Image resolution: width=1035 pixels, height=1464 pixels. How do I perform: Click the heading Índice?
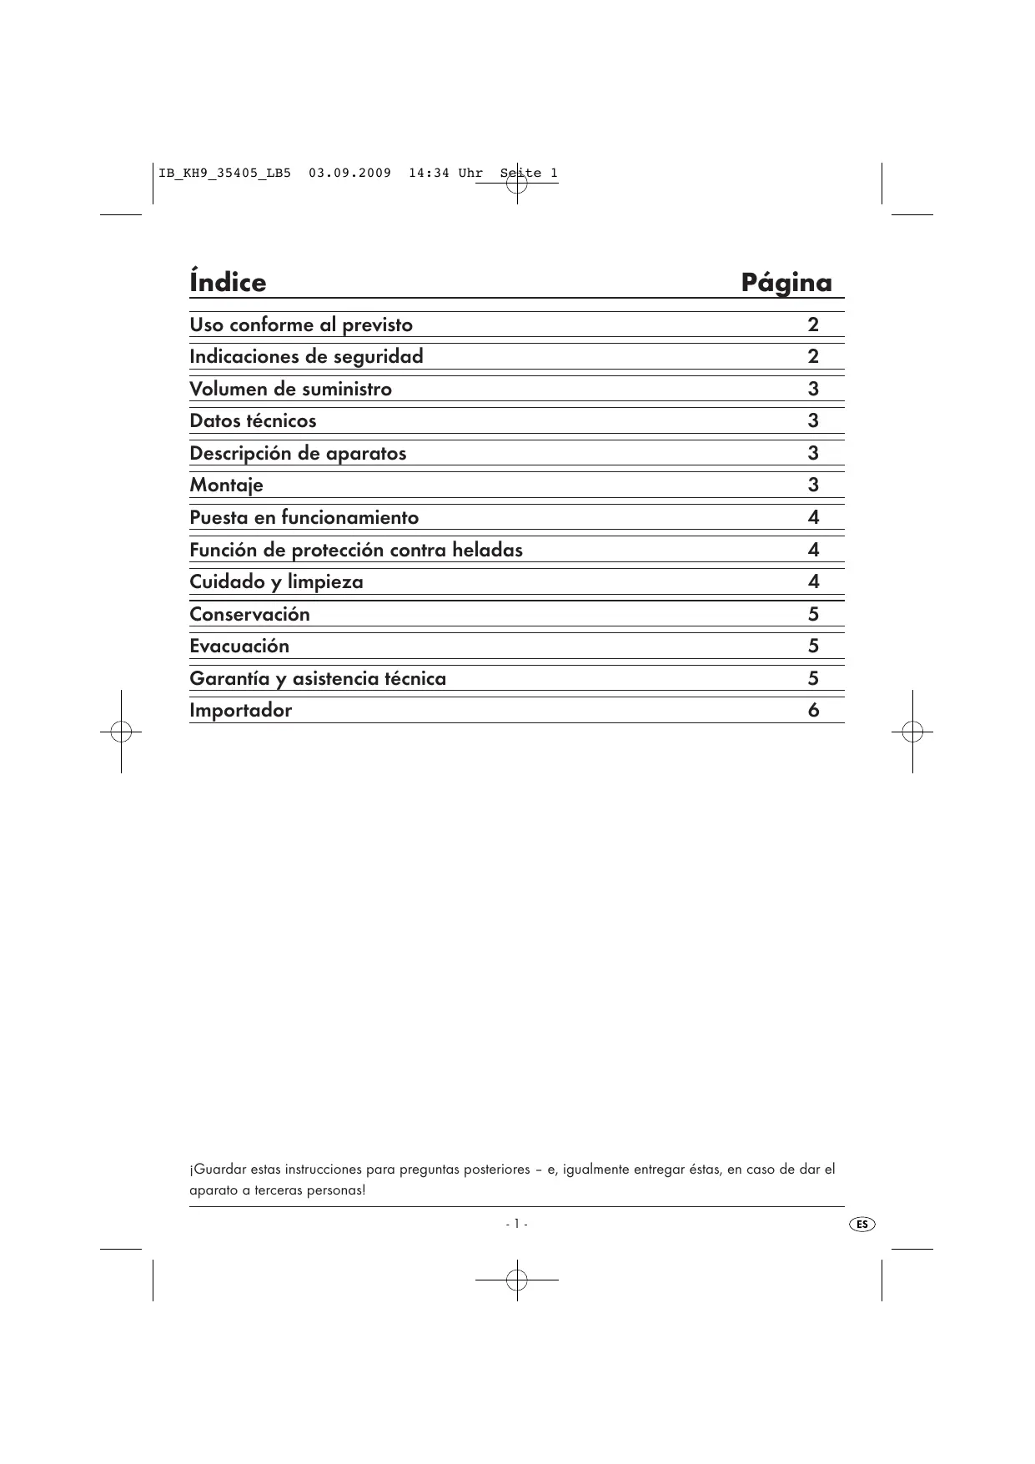pos(228,282)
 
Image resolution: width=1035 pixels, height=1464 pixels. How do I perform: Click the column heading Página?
pos(786,283)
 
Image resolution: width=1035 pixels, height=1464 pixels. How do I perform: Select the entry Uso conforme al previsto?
pos(301,324)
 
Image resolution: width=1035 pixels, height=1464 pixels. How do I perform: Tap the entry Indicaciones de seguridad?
pos(306,356)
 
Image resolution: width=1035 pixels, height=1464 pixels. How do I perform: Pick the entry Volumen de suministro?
pos(290,389)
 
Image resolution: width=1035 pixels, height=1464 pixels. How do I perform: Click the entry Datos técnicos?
pos(253,420)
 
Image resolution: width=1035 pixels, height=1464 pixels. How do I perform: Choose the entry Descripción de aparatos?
pos(298,453)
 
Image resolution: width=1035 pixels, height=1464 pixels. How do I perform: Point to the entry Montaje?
pos(226,485)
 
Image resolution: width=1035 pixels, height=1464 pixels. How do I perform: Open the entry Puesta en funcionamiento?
pos(304,517)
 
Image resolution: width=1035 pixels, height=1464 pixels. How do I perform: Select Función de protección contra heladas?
pos(356,550)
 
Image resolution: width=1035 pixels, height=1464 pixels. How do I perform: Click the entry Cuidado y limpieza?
pos(276,581)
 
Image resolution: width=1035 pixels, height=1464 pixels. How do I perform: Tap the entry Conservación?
pos(249,614)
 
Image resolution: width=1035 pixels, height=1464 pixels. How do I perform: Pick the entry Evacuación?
pos(239,646)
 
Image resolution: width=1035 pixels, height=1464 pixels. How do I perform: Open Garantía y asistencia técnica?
pos(318,678)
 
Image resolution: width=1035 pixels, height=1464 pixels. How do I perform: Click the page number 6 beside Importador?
pos(813,710)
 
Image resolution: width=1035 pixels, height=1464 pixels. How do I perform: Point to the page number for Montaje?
pos(813,485)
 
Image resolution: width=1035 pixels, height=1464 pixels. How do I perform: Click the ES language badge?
pos(862,1224)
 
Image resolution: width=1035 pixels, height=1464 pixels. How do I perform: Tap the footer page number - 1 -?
pos(516,1224)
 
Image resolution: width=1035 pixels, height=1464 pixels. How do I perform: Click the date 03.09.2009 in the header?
pos(349,174)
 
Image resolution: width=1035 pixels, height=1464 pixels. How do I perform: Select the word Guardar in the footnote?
pos(218,1170)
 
